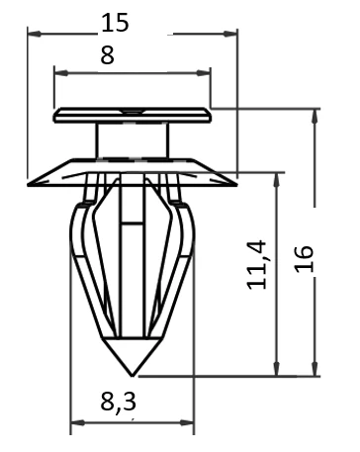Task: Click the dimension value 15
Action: pos(115,23)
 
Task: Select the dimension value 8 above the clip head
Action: pos(107,55)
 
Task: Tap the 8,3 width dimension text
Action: pos(118,402)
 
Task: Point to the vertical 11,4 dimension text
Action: pos(257,265)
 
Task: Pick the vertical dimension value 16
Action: pos(304,259)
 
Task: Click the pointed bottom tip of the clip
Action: pos(132,376)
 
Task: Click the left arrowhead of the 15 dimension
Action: pos(35,34)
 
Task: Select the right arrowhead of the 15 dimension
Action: pos(230,34)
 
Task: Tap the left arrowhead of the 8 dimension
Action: pos(61,73)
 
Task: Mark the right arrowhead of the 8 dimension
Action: pos(204,73)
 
